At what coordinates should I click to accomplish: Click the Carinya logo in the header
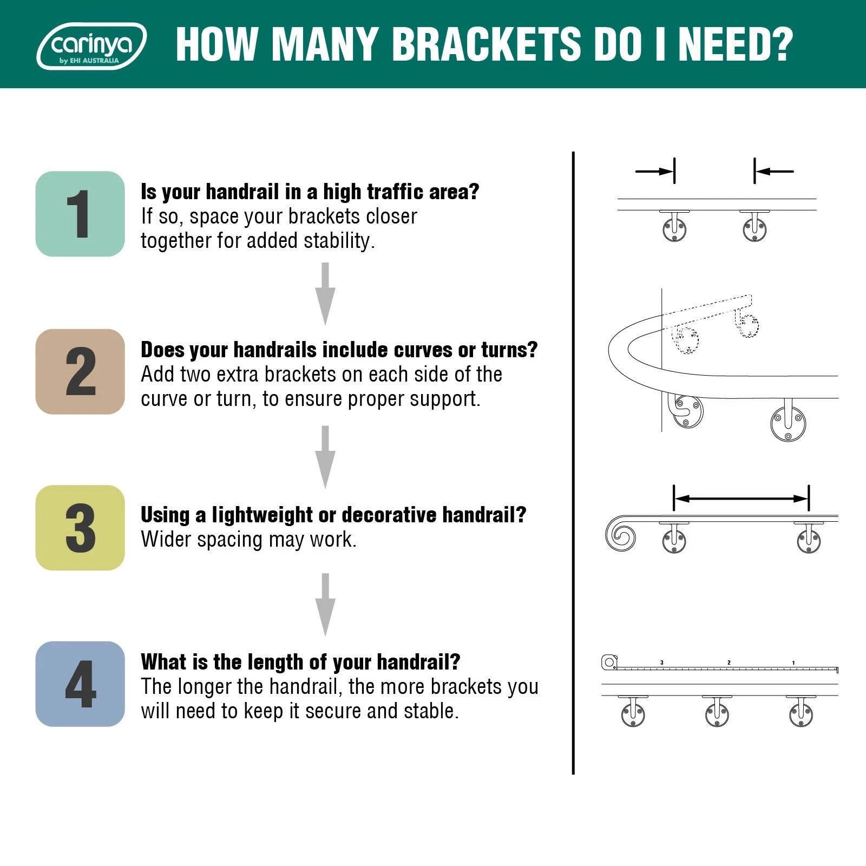[x=91, y=46]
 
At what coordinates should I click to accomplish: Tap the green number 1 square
[x=80, y=214]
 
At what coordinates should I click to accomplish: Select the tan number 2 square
[x=80, y=371]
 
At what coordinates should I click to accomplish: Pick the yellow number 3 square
[x=80, y=528]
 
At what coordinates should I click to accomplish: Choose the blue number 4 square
[x=80, y=684]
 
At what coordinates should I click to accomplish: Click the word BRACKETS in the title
[x=486, y=44]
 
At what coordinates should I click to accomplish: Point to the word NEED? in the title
[x=736, y=44]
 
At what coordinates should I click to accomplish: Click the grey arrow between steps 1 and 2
[x=325, y=294]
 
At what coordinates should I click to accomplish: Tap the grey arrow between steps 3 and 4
[x=325, y=604]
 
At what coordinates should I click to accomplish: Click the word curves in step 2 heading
[x=424, y=350]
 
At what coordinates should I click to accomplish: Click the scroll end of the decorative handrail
[x=620, y=534]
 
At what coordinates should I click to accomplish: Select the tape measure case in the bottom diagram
[x=609, y=662]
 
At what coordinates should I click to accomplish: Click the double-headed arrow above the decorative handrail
[x=741, y=498]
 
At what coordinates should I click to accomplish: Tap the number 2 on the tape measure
[x=729, y=662]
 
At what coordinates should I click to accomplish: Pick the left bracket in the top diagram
[x=674, y=226]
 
